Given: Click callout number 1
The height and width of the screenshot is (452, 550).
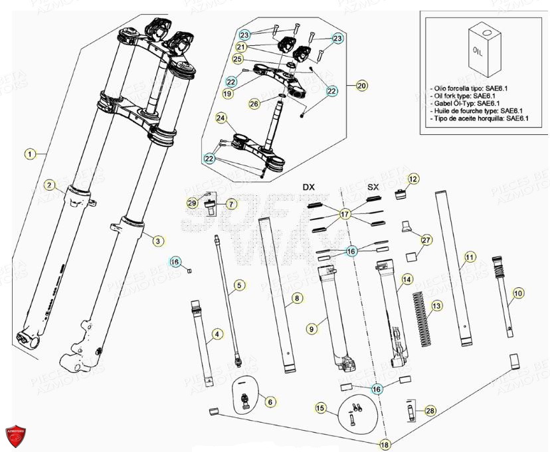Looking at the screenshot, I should tap(29, 154).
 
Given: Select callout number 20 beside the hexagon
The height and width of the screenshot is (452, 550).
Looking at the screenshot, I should tap(361, 86).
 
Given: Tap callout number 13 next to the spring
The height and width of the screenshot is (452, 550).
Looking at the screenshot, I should tap(436, 306).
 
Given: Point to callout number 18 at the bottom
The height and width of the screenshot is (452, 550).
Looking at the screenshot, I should tap(385, 443).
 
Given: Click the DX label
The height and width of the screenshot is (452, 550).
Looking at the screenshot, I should tap(308, 187).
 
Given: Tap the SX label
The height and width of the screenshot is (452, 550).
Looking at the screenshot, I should tap(373, 187).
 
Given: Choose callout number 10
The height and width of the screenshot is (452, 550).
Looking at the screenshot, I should tap(518, 292).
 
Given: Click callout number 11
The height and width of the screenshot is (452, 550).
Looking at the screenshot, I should tap(470, 256).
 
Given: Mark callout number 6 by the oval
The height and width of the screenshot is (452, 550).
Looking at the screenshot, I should tap(269, 401).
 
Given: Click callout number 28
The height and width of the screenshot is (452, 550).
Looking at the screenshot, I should tap(430, 411).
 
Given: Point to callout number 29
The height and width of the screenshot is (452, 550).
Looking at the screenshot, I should tap(192, 203).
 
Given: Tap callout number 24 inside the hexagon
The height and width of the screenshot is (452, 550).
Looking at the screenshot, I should tap(221, 118).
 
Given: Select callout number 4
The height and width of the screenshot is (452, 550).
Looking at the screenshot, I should tap(217, 334).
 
